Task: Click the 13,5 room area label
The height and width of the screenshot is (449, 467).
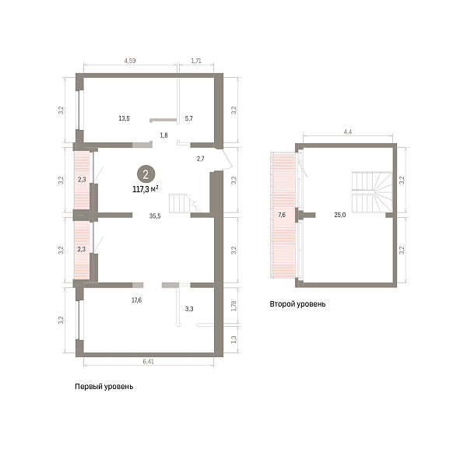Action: click(125, 118)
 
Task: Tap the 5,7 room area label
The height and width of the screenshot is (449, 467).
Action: click(189, 118)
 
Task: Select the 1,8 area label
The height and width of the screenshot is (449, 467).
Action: click(163, 135)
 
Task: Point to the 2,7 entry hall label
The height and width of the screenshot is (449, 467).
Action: click(201, 159)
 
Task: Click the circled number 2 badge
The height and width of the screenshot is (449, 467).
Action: click(146, 174)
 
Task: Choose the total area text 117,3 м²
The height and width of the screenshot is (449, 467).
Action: click(146, 189)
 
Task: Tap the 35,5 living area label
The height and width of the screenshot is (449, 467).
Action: click(155, 216)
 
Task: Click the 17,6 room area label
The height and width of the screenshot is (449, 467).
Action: click(137, 300)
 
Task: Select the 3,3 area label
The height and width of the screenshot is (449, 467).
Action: click(189, 309)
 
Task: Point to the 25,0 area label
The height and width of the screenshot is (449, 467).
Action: click(340, 215)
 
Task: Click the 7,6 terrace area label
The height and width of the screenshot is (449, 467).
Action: click(282, 215)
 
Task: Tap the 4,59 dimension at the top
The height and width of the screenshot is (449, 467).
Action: click(130, 61)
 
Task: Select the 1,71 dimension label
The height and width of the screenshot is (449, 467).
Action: click(196, 61)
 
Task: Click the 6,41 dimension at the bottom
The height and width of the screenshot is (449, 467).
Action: click(149, 362)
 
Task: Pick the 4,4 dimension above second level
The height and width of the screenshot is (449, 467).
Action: click(348, 132)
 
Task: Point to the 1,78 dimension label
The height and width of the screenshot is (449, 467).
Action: click(233, 306)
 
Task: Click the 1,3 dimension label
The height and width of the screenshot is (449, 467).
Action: click(233, 340)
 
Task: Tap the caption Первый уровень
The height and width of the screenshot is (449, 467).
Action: click(104, 387)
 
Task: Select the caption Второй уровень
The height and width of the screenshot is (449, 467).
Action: click(297, 304)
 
